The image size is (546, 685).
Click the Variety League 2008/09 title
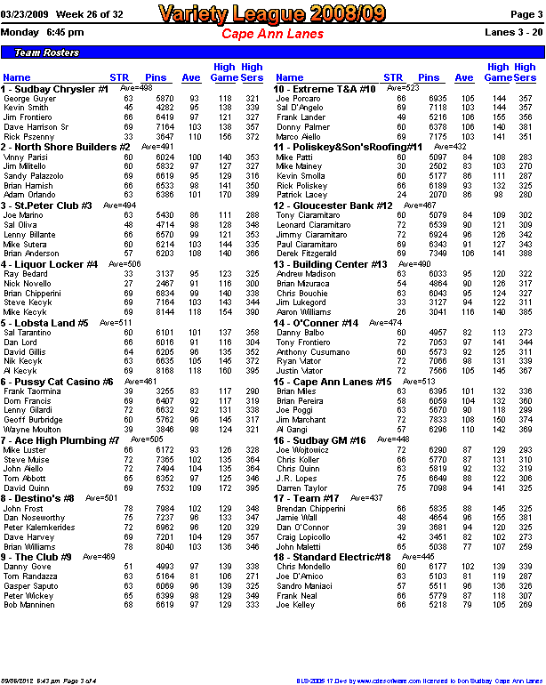pos(273,13)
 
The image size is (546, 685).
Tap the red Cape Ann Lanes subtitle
pos(272,33)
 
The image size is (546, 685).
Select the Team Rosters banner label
pos(41,53)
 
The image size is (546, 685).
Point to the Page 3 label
pos(525,15)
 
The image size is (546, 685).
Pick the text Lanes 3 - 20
pos(513,32)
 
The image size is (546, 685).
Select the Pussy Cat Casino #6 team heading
pos(57,382)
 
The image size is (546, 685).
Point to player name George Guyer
pos(28,98)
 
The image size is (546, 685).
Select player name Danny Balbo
pos(300,332)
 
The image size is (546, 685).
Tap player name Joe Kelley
pos(295,605)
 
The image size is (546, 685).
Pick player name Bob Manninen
pos(32,605)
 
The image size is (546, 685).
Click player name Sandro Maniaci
pos(304,585)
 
